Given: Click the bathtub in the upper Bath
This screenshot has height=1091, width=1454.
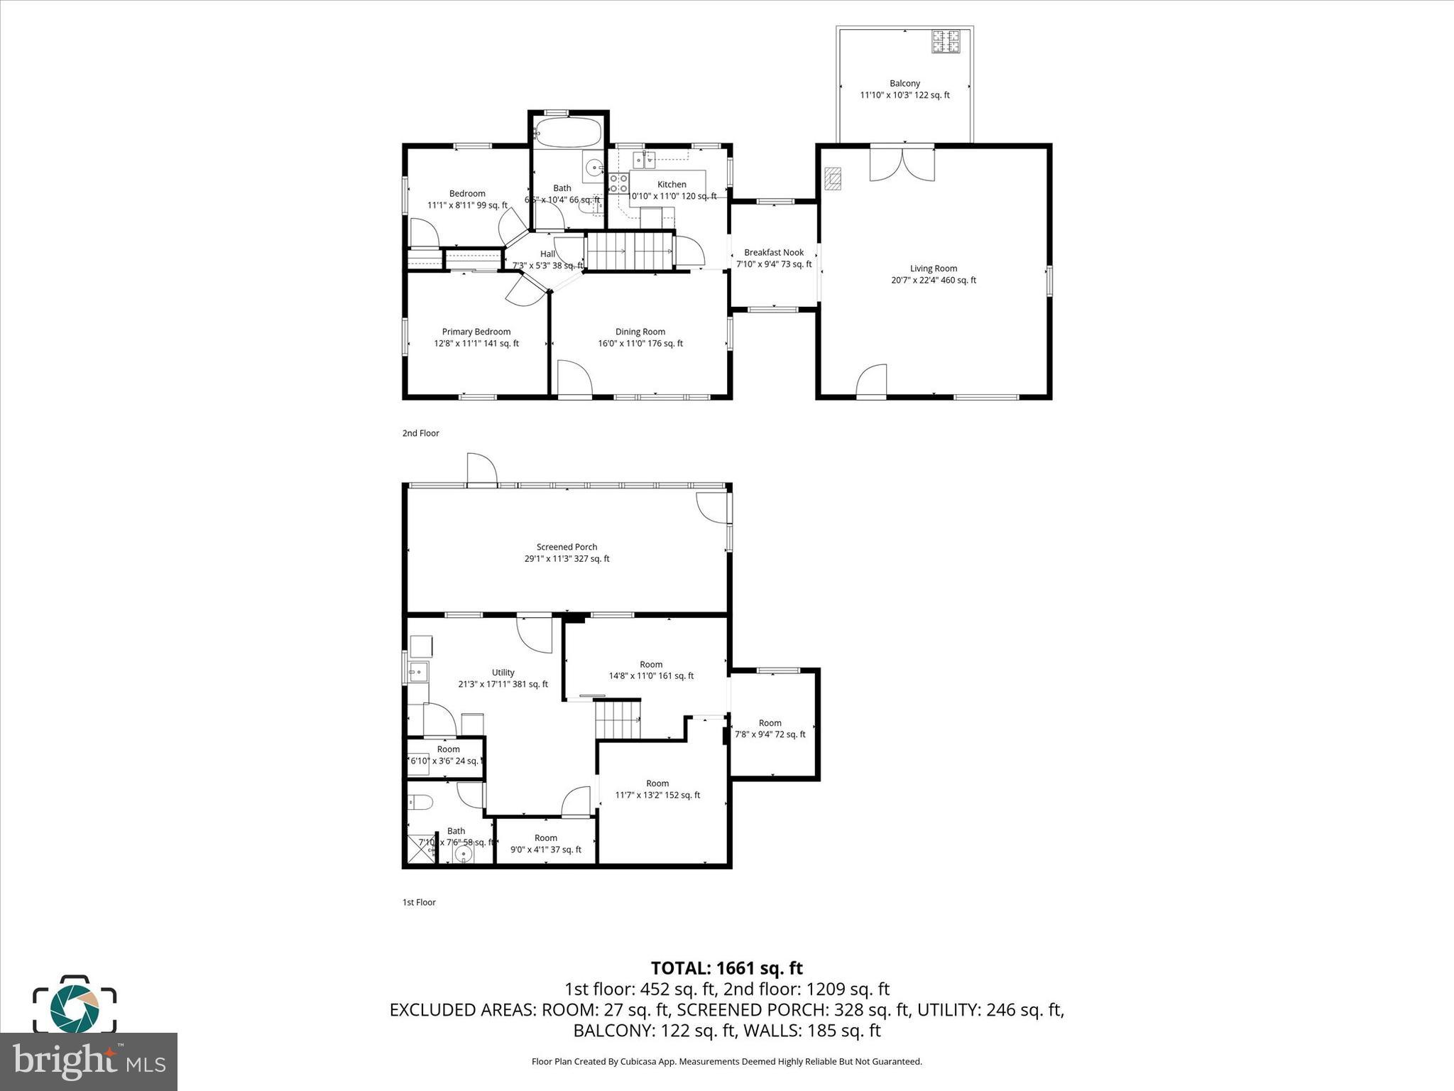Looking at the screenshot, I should pos(568,132).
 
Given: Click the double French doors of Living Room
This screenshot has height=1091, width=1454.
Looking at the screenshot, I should pos(902,163).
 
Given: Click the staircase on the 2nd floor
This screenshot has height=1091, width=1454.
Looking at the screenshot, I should pos(628,251).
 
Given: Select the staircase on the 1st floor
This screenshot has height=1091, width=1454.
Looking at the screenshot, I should pos(617,719).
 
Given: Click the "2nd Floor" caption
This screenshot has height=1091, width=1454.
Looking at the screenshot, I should pos(420,433).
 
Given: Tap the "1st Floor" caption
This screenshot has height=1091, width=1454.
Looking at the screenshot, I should pos(419,903).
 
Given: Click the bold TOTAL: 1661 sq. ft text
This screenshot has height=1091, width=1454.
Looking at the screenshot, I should pos(726,968).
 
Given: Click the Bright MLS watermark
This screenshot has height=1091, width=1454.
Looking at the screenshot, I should pos(88,1061).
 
